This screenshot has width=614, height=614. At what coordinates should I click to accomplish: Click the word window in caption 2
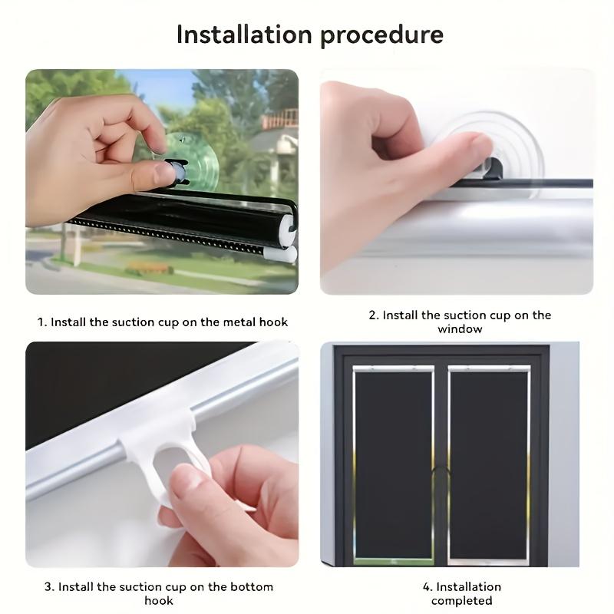pos(460,329)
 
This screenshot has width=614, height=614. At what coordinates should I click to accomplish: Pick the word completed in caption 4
pos(461,601)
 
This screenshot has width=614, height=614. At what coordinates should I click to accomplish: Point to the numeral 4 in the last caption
pos(426,587)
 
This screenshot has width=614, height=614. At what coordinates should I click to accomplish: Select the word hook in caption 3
pos(159,601)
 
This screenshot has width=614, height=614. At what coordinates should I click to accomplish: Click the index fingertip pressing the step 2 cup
pos(482,145)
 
